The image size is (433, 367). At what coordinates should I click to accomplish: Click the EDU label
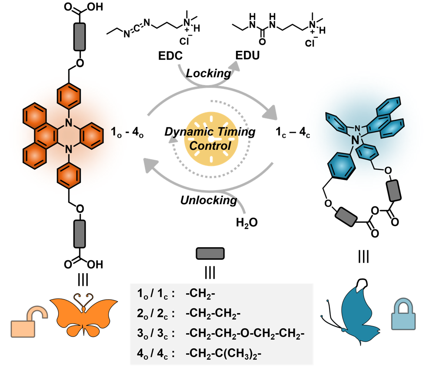(246, 57)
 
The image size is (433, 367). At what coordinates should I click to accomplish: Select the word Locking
(208, 73)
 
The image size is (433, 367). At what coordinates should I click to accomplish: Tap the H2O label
(246, 223)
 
